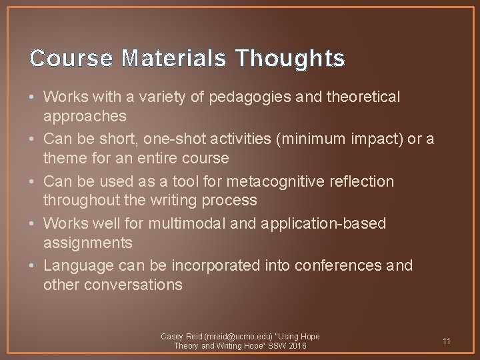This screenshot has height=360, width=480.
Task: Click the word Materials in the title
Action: click(176, 59)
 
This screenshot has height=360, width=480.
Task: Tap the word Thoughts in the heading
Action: click(291, 59)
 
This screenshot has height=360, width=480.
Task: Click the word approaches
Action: click(85, 116)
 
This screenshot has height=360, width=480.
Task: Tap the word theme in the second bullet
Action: click(64, 158)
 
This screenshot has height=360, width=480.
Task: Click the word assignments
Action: click(88, 242)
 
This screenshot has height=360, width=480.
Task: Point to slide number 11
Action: click(446, 341)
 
